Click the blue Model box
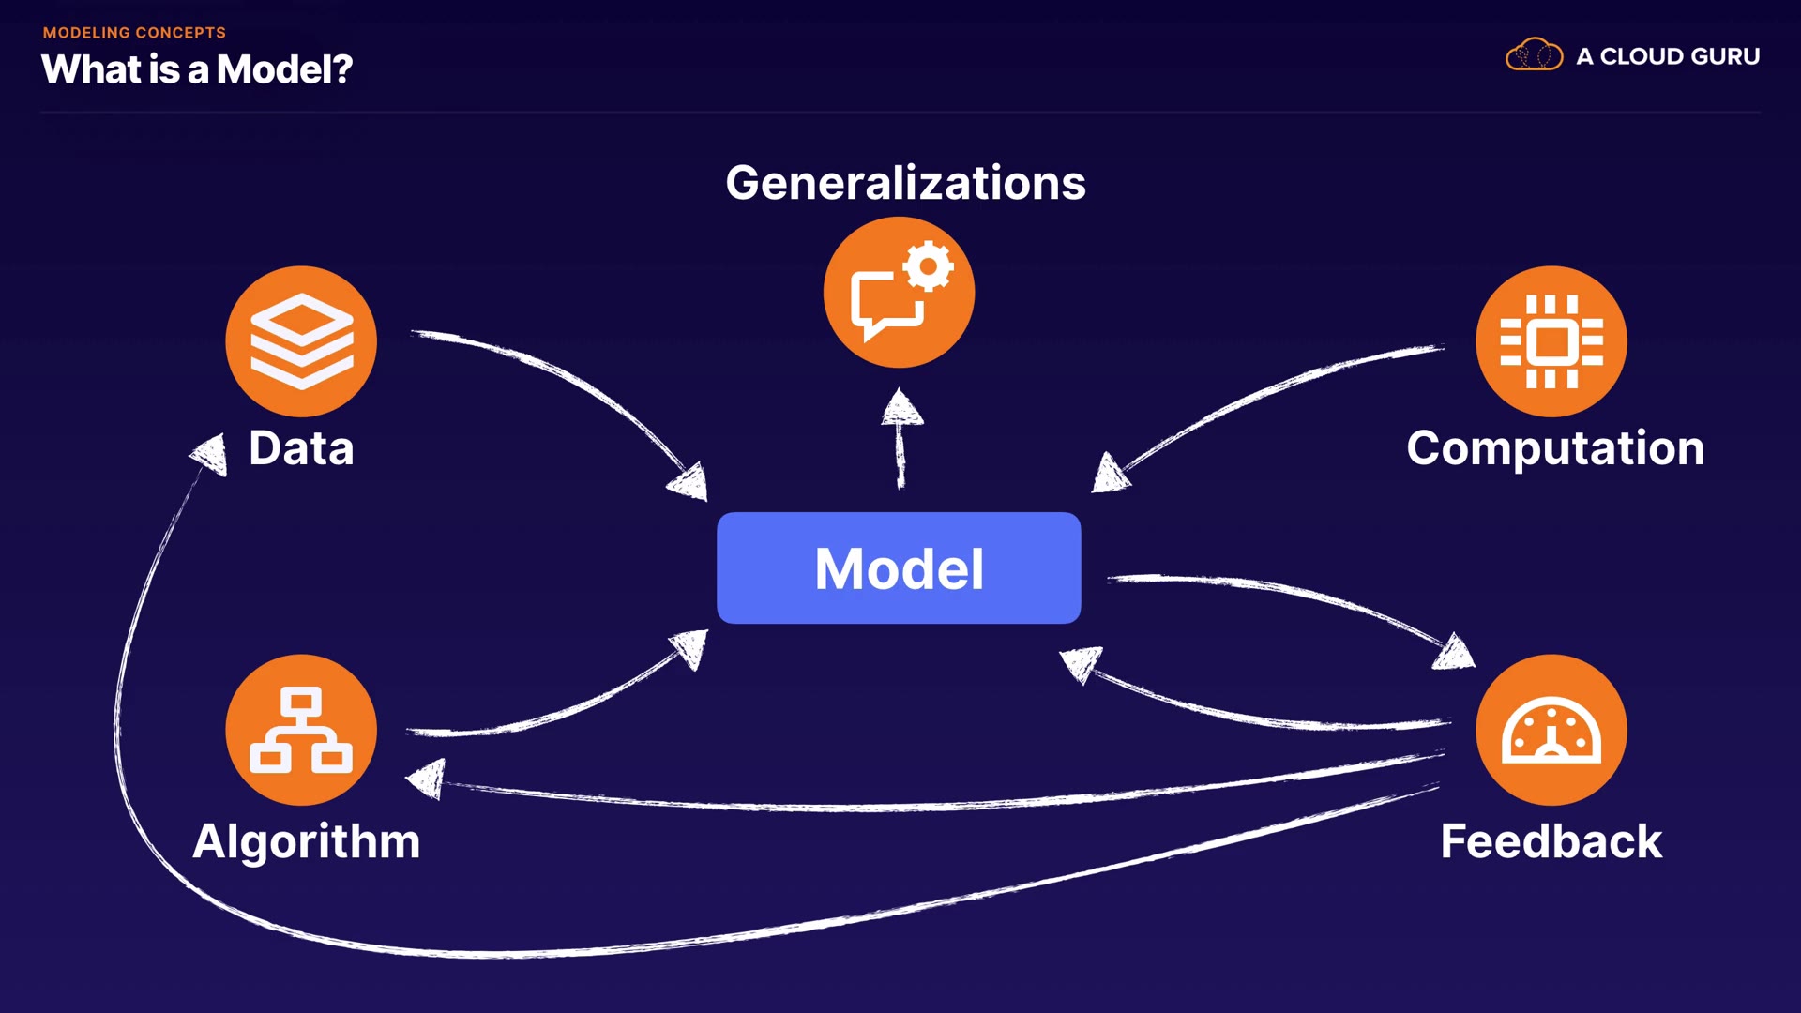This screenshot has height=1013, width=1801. (x=899, y=567)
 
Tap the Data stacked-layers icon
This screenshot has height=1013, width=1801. (x=301, y=341)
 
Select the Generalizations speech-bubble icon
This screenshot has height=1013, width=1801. (x=899, y=293)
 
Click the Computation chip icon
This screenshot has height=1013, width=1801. (x=1551, y=341)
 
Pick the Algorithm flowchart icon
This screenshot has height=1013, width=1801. (x=301, y=730)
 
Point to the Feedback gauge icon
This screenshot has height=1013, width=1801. (x=1551, y=730)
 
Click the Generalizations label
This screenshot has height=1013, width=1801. (x=905, y=183)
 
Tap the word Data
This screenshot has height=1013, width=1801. (x=301, y=448)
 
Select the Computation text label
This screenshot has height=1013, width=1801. (x=1555, y=448)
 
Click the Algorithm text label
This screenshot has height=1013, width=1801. (x=307, y=841)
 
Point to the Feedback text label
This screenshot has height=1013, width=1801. (x=1551, y=841)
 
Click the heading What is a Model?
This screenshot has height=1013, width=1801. (x=197, y=69)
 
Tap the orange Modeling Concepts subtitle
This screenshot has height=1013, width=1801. (x=134, y=33)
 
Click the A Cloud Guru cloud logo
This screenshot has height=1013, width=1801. (x=1534, y=55)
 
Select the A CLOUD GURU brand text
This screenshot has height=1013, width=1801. (x=1668, y=56)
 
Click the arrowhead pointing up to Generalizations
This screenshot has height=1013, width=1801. (x=901, y=409)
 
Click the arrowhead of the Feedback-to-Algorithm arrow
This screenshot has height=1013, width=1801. (x=428, y=779)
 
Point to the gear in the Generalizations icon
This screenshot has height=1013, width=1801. (x=929, y=267)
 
